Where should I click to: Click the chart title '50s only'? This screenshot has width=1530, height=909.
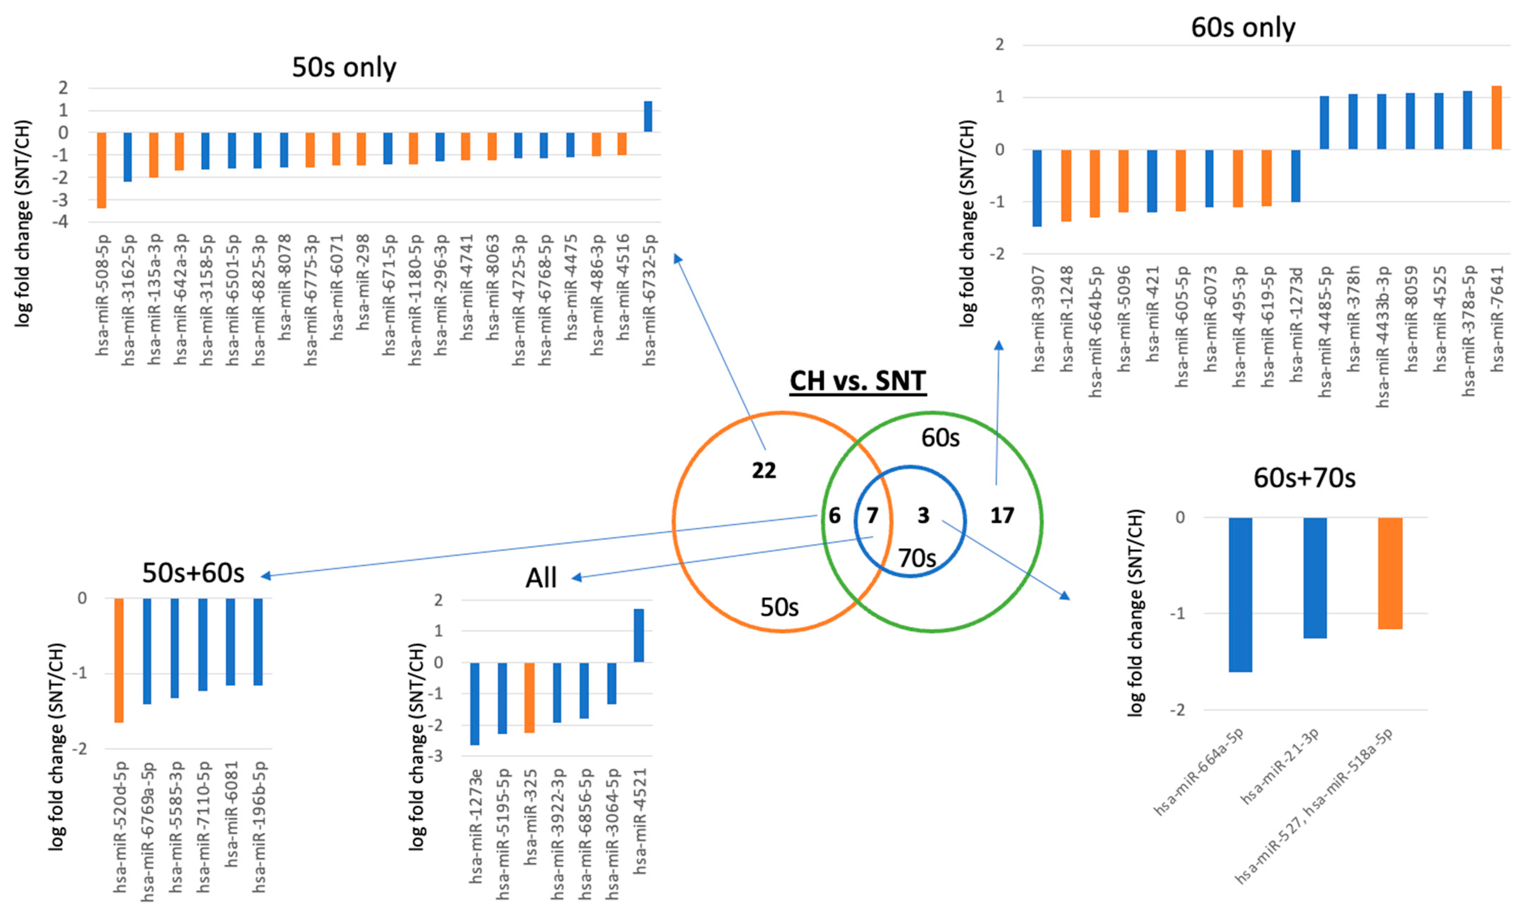344,67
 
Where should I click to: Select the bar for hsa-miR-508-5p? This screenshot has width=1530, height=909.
102,170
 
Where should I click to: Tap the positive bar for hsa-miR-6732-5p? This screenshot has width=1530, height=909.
648,116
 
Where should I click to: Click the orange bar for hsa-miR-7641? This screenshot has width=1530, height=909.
1496,118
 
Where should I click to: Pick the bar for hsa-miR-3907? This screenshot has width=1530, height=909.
1037,188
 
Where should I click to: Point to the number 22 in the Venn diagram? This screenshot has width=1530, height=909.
764,470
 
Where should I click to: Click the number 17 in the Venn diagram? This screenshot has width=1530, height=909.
1002,516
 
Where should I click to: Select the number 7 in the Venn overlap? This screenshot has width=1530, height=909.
872,516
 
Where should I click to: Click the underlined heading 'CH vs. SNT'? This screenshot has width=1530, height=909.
857,381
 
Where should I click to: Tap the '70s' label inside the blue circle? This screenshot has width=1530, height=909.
917,558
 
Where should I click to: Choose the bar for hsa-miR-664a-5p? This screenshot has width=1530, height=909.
1240,594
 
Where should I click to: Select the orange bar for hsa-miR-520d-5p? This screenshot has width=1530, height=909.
119,660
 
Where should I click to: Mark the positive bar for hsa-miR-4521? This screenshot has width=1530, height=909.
639,635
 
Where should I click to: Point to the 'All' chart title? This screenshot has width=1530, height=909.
541,578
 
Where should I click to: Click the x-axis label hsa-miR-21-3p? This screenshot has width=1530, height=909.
1279,767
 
